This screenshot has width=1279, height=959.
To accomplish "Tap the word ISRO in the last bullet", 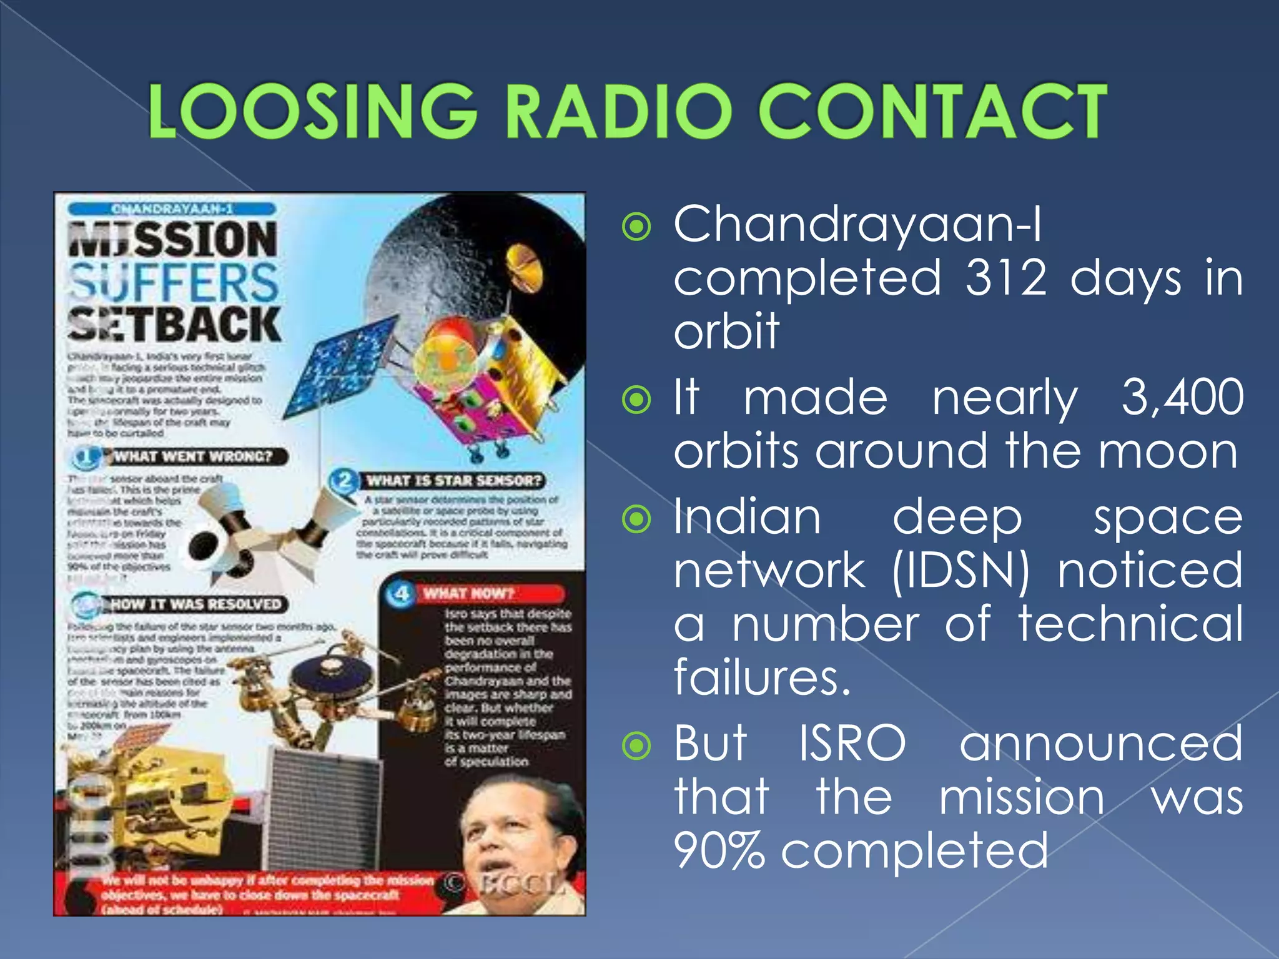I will click(852, 744).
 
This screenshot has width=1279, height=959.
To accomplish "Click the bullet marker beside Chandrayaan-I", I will click(636, 227).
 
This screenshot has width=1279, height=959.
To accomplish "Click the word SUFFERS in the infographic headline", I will click(173, 282).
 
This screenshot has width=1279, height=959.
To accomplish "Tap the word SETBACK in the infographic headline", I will click(174, 324).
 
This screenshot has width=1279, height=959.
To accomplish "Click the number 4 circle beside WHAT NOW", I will click(401, 593).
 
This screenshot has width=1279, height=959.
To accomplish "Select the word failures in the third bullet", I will click(762, 678).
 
